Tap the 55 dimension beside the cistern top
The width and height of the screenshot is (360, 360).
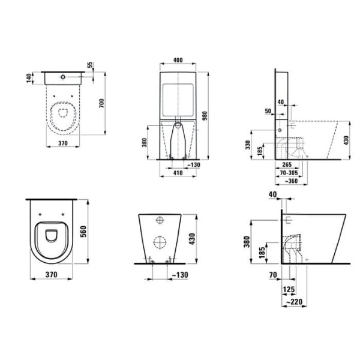click(x=91, y=65)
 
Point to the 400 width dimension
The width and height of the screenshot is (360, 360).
click(x=178, y=61)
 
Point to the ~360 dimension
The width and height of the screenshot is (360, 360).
click(x=292, y=181)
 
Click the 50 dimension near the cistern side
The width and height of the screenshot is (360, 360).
click(x=268, y=112)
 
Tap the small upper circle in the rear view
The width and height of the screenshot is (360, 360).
click(x=161, y=220)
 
